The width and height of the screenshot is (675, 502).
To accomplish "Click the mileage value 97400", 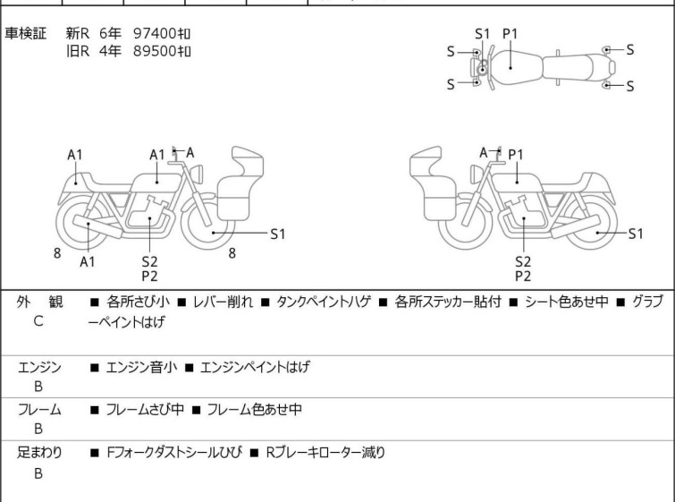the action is click(155, 33).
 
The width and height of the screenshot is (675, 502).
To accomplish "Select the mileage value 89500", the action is click(155, 51).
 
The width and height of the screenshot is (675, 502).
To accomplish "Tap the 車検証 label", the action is click(25, 33).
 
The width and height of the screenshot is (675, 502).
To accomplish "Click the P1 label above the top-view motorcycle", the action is click(510, 34).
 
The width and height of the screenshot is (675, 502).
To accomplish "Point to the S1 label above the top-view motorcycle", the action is click(483, 34).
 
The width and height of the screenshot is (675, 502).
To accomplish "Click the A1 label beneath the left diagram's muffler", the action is click(88, 261).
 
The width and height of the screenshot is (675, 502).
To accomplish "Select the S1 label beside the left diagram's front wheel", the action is click(278, 234).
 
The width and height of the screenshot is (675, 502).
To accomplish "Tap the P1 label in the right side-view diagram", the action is click(516, 154).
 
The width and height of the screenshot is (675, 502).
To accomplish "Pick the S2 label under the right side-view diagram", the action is click(523, 261).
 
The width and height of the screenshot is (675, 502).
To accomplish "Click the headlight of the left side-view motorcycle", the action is click(198, 174).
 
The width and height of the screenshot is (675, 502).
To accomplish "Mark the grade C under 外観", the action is click(38, 321).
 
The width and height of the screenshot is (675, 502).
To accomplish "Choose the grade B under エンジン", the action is click(38, 387).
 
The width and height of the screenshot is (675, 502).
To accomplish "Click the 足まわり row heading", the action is click(39, 453).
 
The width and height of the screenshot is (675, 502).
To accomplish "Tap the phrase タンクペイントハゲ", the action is click(324, 302).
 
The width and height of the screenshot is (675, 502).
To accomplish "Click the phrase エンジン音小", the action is click(141, 367).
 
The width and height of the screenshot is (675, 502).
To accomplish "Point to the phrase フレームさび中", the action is click(145, 409).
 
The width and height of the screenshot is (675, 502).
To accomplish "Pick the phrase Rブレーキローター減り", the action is click(325, 453).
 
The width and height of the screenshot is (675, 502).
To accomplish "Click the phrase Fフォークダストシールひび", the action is click(174, 453).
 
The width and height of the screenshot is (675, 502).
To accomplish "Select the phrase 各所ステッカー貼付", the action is click(448, 302).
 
